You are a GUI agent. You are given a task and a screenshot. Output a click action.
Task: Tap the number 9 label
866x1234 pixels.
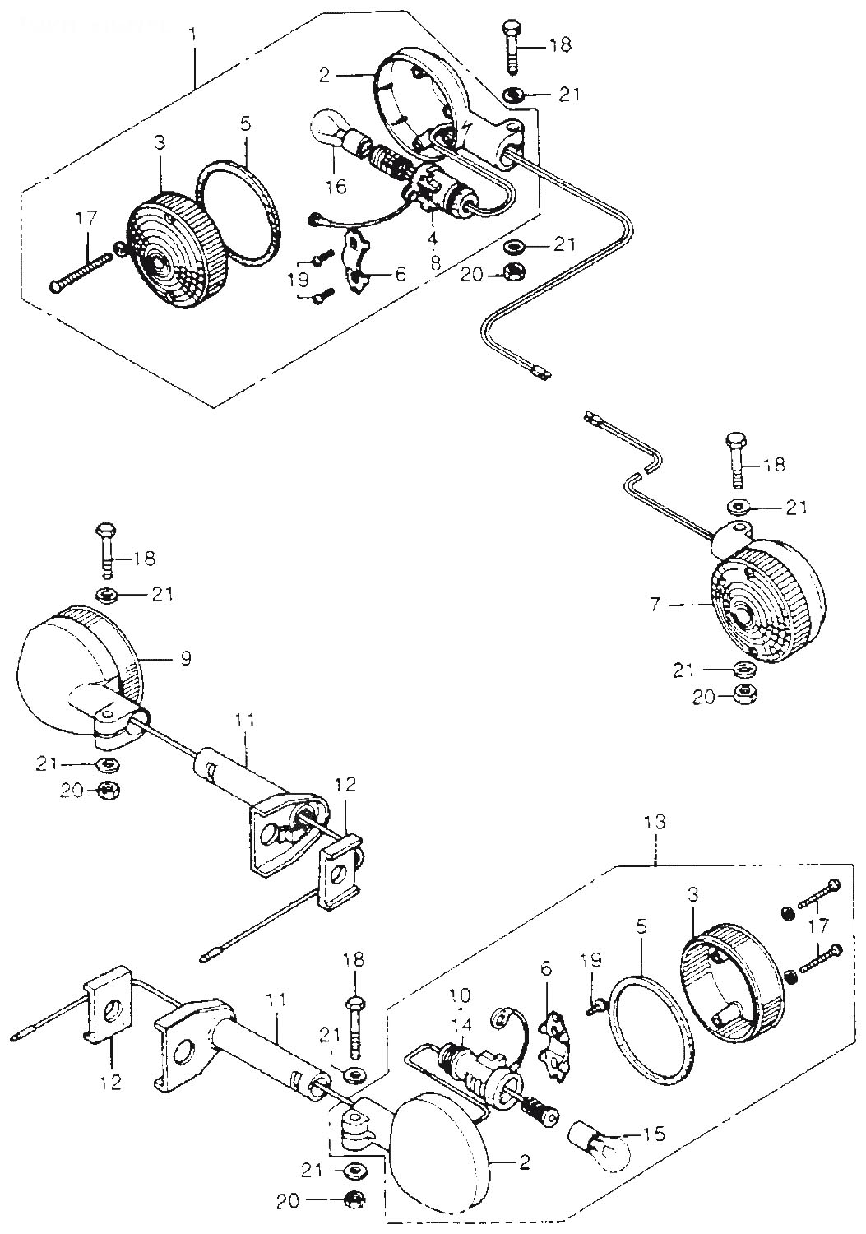pos(186,658)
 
